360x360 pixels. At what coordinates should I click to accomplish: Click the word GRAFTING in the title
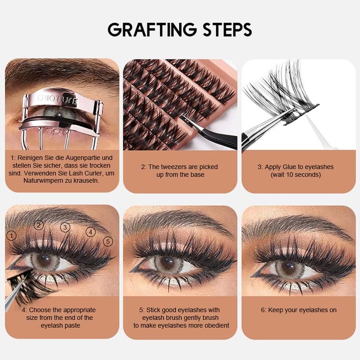tap(152, 30)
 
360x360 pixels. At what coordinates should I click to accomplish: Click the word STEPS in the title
tap(227, 30)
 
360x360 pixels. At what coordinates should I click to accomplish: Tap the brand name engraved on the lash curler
tap(58, 100)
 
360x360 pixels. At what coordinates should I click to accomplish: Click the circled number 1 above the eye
tap(12, 235)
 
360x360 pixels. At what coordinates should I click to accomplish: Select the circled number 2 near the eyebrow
tap(39, 225)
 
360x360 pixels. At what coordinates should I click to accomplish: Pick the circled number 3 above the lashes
tap(65, 227)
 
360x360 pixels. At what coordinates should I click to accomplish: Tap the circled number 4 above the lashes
tap(91, 232)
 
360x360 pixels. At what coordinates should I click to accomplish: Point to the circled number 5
tap(108, 241)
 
